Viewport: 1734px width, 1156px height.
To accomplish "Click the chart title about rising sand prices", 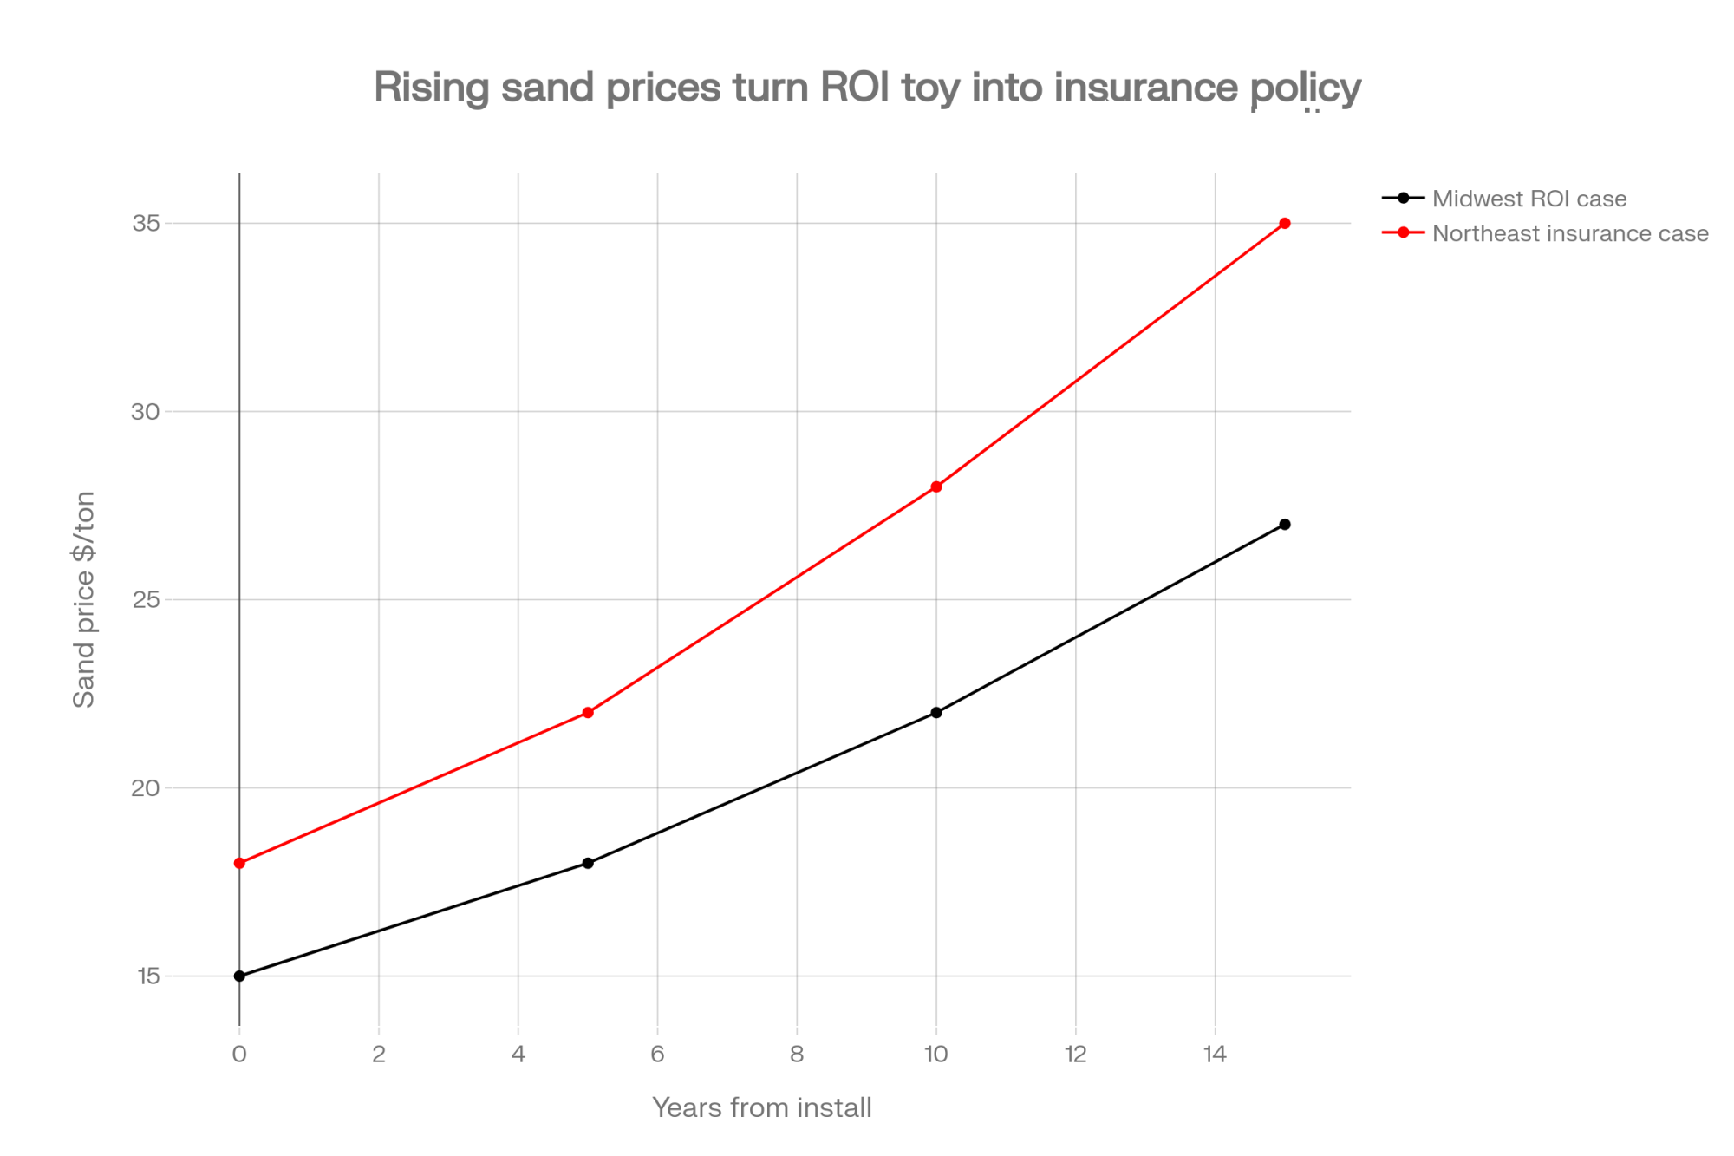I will pos(867,88).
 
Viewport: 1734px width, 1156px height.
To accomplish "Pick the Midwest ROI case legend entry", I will pos(1529,199).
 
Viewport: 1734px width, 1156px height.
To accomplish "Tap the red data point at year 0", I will pos(240,863).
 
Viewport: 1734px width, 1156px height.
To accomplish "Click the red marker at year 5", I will pos(588,713).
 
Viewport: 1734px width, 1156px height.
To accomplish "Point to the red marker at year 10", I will pos(936,487).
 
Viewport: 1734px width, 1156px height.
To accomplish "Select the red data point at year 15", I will pos(1285,224).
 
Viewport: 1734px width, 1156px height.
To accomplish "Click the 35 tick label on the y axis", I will pos(147,224).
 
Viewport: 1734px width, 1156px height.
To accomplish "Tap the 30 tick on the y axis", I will pos(147,412).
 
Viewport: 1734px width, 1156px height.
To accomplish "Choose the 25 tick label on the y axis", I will pos(147,600).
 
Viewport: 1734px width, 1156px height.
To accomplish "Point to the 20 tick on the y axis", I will pos(147,788).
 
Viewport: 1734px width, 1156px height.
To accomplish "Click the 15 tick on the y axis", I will pos(147,976).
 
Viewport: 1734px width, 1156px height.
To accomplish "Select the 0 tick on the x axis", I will pos(240,1055).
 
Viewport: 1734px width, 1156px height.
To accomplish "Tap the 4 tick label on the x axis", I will pos(518,1055).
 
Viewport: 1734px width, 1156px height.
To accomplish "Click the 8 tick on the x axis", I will pos(797,1055).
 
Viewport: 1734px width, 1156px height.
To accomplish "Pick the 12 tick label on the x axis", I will pos(1076,1055).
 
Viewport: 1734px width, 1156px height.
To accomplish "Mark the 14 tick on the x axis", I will pos(1216,1055).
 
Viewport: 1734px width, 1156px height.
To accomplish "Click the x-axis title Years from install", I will pos(761,1108).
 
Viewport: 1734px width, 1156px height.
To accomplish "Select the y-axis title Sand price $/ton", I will pos(84,599).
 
